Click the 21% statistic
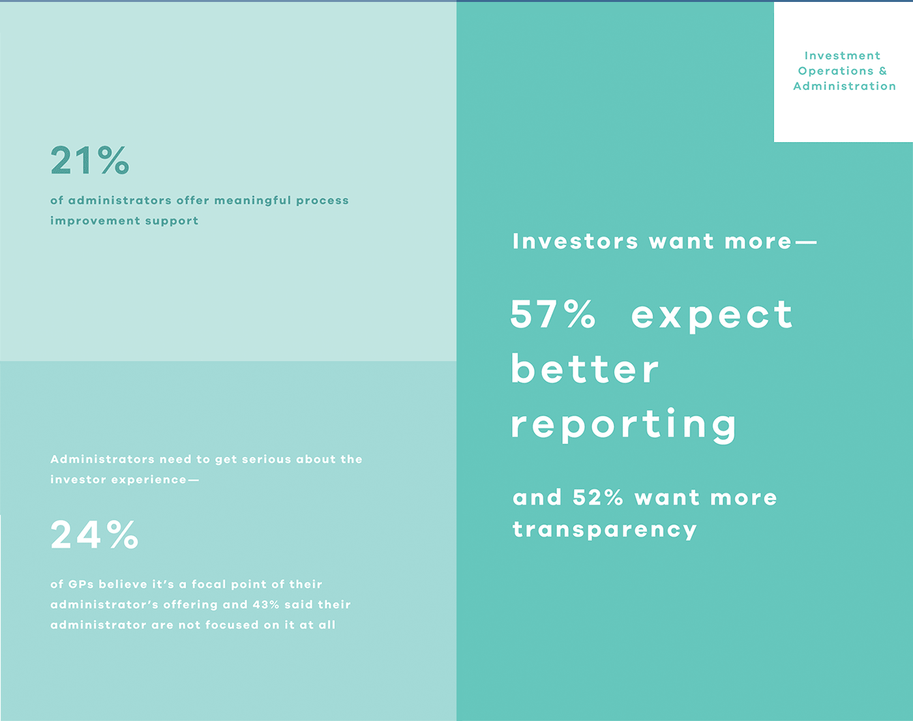click(90, 160)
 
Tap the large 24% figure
click(94, 535)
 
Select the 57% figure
click(553, 314)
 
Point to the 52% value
click(598, 497)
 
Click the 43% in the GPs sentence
click(266, 604)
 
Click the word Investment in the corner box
click(843, 55)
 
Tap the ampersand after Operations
click(883, 71)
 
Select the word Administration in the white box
click(845, 86)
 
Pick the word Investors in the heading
click(575, 241)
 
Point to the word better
click(584, 369)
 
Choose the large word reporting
click(623, 425)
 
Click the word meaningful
click(252, 201)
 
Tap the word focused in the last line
click(232, 625)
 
